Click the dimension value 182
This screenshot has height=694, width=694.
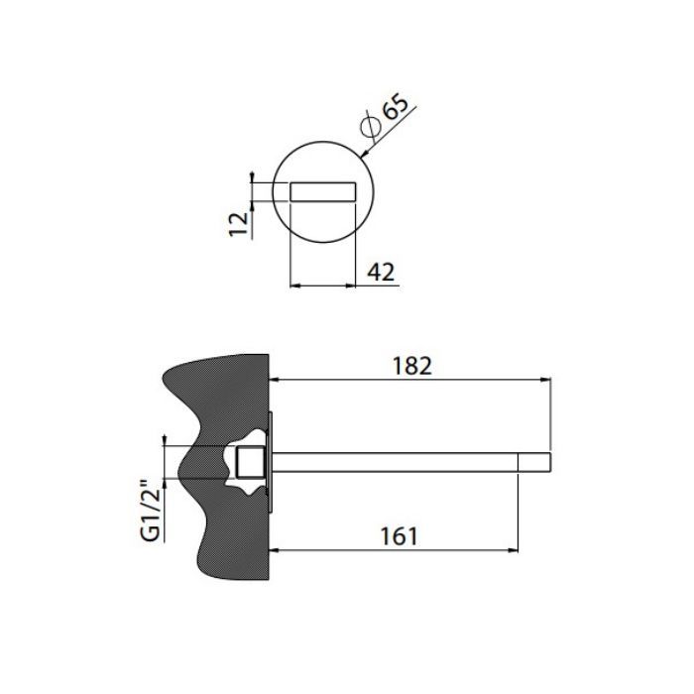[x=412, y=366]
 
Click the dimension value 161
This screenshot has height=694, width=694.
[x=399, y=536]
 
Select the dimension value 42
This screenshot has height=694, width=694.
[x=381, y=272]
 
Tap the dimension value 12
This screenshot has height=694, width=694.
[x=239, y=224]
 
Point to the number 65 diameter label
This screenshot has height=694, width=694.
[x=396, y=106]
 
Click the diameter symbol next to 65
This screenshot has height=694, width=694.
[x=371, y=127]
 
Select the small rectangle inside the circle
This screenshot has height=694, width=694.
[x=322, y=191]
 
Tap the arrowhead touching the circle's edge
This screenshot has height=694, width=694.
[x=365, y=153]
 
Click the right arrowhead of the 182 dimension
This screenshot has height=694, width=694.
[x=546, y=380]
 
